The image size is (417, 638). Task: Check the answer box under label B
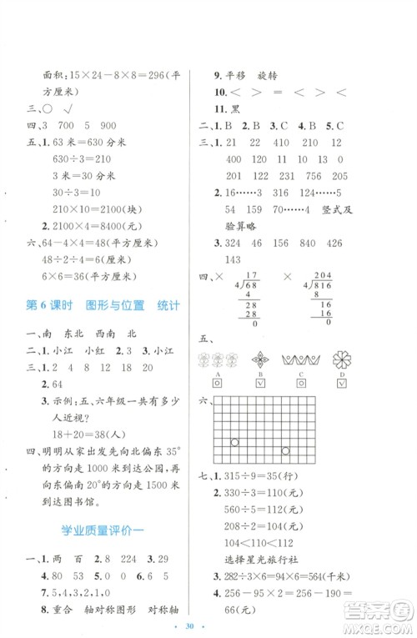(x=259, y=383)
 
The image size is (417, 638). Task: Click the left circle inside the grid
(x=235, y=443)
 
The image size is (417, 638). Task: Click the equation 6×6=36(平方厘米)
(x=81, y=277)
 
